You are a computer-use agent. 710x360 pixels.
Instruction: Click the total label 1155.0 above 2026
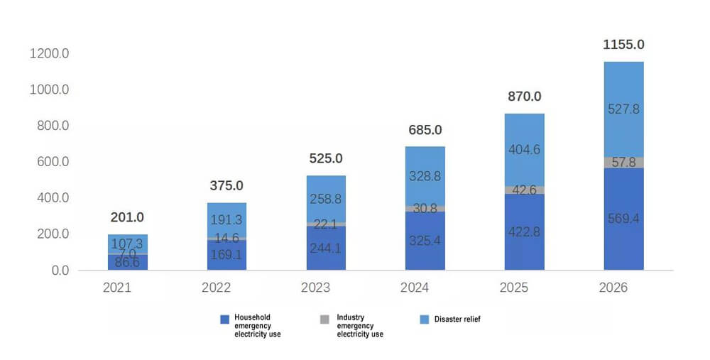[x=623, y=44]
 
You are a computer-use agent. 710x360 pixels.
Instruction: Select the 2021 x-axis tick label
[x=117, y=288]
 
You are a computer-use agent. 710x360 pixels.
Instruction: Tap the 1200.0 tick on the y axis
[x=50, y=53]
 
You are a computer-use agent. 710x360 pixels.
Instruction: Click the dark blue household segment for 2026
[x=623, y=219]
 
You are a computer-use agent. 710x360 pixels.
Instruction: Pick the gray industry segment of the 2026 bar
[x=623, y=163]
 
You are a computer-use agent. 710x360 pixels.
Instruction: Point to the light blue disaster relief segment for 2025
[x=525, y=150]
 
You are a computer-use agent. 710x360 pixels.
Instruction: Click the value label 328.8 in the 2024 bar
[x=425, y=176]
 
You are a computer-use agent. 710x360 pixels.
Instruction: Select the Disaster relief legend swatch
[x=425, y=320]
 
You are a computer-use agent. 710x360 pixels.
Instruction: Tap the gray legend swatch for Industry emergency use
[x=324, y=320]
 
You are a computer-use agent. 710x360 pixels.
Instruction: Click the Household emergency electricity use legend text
[x=258, y=326]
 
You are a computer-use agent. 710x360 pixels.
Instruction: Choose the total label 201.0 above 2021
[x=127, y=217]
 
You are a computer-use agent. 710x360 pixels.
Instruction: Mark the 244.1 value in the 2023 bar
[x=326, y=248]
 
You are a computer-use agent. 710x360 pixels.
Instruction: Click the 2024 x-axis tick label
[x=415, y=288]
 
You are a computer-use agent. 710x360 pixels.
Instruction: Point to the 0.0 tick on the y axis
[x=60, y=271]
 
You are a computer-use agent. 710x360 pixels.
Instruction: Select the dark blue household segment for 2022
[x=227, y=255]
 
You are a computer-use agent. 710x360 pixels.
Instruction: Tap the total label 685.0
[x=425, y=130]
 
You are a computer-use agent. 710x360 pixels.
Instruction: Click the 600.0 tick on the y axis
[x=53, y=162]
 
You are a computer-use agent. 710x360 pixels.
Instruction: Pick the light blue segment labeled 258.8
[x=326, y=199]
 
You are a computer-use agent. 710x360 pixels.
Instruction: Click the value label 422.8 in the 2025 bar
[x=525, y=232]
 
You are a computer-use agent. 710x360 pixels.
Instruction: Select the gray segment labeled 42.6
[x=525, y=190]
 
